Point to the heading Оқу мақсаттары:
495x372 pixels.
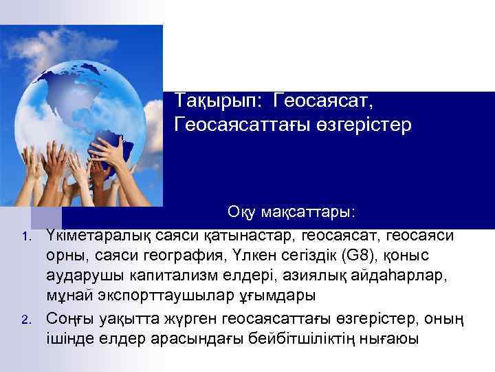291,209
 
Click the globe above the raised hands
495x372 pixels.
103,90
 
